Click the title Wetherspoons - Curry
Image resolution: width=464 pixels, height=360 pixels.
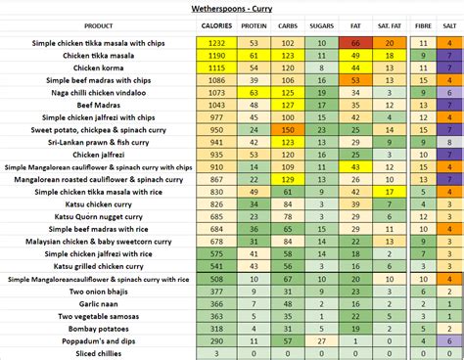(x=232, y=7)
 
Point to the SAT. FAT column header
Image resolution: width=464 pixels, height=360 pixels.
(x=390, y=25)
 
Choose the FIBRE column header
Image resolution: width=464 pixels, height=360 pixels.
(x=423, y=25)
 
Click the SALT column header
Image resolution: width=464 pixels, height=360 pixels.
(x=449, y=25)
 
